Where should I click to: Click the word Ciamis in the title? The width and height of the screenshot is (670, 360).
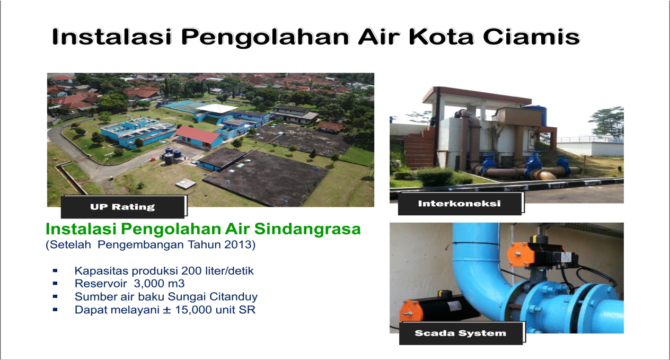coord(531,37)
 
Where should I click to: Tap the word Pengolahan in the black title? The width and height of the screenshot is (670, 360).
coord(265,38)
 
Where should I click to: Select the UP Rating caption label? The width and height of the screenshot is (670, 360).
coord(122,207)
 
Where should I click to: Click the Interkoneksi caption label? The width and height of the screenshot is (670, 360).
coord(460,204)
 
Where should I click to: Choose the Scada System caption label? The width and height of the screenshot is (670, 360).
coord(460,333)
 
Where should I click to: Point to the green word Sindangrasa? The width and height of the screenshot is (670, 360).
coord(307,229)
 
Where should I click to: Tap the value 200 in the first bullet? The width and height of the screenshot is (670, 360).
coord(191,270)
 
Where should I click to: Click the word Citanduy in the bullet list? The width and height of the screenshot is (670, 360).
coord(233,296)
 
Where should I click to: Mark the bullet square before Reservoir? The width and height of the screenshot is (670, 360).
coord(55,284)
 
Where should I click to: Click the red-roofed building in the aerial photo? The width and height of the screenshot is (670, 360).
coord(198,137)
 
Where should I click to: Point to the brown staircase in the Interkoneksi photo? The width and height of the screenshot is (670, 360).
coord(419,148)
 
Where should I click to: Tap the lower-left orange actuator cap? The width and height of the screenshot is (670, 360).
coord(411,311)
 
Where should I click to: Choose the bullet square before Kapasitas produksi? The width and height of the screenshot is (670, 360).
coord(55,270)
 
